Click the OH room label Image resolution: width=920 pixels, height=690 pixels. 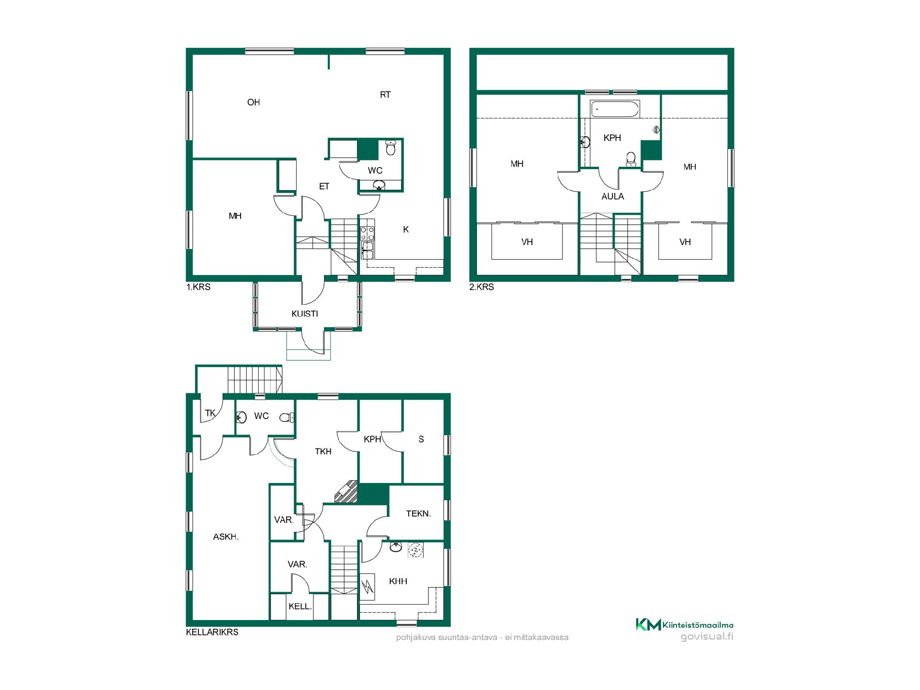pyautogui.click(x=253, y=102)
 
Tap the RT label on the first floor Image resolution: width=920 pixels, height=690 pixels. pyautogui.click(x=385, y=95)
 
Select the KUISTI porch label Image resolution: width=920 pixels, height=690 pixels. pyautogui.click(x=305, y=314)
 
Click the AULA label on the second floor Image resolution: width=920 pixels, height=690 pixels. pyautogui.click(x=613, y=196)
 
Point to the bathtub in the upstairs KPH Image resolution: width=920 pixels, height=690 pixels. pyautogui.click(x=615, y=109)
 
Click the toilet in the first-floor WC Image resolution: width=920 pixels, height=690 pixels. pyautogui.click(x=391, y=148)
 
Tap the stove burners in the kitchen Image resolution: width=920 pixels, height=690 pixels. pyautogui.click(x=368, y=234)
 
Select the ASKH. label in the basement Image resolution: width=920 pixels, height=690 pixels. pyautogui.click(x=226, y=537)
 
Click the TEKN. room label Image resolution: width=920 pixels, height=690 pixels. pyautogui.click(x=418, y=514)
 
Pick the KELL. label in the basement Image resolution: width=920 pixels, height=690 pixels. pyautogui.click(x=300, y=607)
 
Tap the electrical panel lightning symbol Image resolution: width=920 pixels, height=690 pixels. pyautogui.click(x=368, y=586)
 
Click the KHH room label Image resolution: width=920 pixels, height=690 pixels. pyautogui.click(x=398, y=581)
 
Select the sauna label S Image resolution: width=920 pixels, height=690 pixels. pyautogui.click(x=421, y=439)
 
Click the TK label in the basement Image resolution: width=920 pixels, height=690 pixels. pyautogui.click(x=210, y=413)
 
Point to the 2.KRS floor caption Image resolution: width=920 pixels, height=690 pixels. pyautogui.click(x=482, y=287)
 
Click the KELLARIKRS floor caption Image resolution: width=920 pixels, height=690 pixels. pyautogui.click(x=212, y=632)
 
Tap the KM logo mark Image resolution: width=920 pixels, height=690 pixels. pyautogui.click(x=648, y=624)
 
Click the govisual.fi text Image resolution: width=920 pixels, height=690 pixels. pyautogui.click(x=707, y=636)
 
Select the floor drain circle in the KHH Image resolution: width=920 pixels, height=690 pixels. pyautogui.click(x=414, y=550)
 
